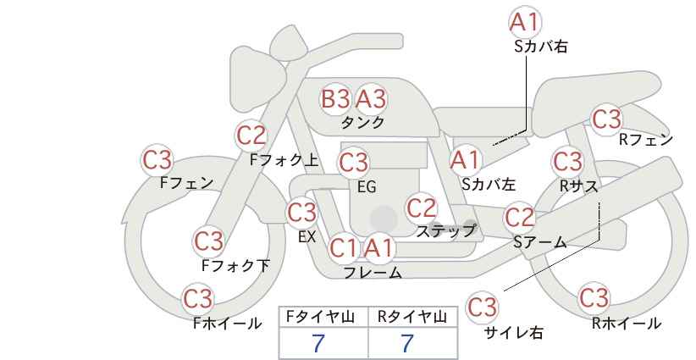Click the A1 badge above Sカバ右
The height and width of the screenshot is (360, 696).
(525, 21)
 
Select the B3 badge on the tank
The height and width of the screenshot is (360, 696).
(335, 98)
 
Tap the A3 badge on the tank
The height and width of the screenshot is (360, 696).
(371, 98)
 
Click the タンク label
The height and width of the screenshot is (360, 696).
(362, 122)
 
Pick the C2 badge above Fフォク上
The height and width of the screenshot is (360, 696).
(251, 136)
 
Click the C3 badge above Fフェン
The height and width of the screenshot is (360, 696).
(157, 160)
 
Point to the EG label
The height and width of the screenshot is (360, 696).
(367, 187)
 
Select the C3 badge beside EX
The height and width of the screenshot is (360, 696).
(301, 212)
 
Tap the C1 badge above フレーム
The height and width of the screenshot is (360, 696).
(344, 247)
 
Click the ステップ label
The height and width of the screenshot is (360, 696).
(445, 231)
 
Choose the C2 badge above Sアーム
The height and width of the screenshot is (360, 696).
(520, 218)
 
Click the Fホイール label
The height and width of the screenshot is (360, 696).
(227, 324)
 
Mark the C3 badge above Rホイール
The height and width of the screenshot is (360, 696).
(594, 297)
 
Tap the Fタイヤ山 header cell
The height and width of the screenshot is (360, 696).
(323, 317)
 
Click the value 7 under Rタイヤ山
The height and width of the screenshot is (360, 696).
(407, 344)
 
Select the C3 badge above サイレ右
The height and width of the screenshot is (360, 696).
(482, 307)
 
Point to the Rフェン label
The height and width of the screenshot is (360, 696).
(646, 140)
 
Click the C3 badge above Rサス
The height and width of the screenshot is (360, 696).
(567, 161)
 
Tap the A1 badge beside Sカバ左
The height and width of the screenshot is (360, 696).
(465, 160)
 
